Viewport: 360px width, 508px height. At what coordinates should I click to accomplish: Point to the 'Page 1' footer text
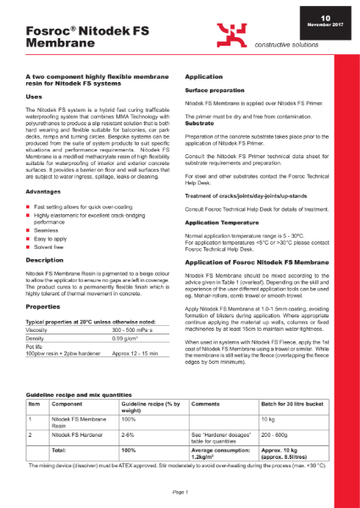tap(180, 492)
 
